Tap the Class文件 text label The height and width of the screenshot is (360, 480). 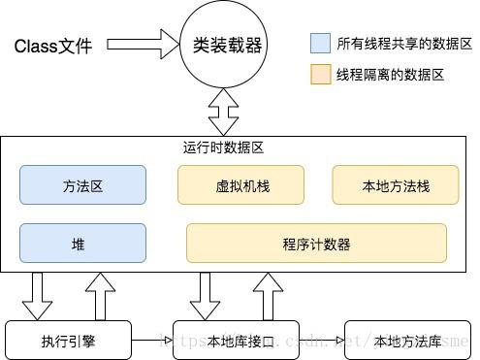point(54,46)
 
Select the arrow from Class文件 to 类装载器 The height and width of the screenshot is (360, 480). point(141,45)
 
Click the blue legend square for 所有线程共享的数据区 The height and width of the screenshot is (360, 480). point(320,44)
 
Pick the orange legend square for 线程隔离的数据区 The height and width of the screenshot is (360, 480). point(320,75)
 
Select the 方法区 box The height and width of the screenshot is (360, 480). point(82,184)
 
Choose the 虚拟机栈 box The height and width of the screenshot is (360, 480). point(240,184)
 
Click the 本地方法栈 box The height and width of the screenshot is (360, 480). point(396,184)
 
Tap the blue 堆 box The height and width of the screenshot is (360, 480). point(82,244)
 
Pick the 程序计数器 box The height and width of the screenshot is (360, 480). point(316,244)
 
